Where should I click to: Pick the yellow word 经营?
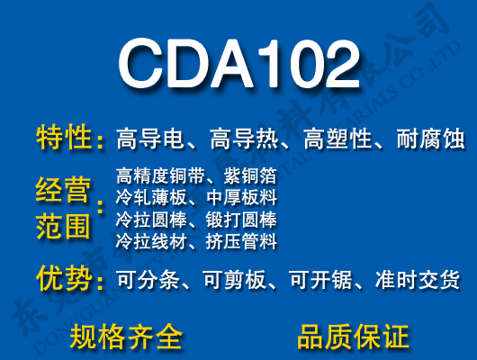pos(64,190)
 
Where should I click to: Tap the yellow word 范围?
pos(64,225)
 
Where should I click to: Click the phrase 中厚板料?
pos(241,197)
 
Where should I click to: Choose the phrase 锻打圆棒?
pos(241,220)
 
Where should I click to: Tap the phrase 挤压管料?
pos(241,241)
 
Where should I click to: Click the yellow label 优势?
pos(64,280)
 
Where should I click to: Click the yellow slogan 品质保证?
pos(353,337)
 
